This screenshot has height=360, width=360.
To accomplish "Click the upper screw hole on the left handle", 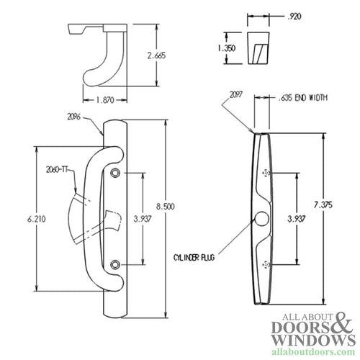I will (115, 174).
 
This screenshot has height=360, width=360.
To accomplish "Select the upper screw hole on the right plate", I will (266, 174).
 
